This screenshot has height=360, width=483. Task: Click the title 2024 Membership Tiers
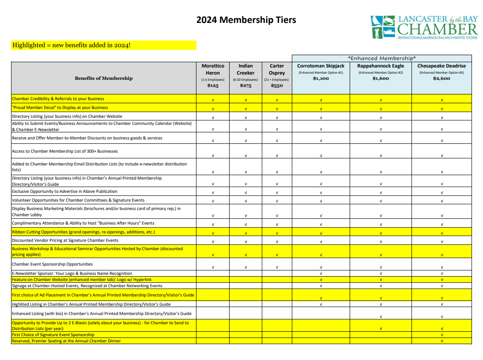point(246,20)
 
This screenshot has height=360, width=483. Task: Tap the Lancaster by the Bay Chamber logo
point(424,27)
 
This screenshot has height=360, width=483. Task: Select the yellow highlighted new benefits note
point(104,45)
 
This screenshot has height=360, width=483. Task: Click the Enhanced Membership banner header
point(381,58)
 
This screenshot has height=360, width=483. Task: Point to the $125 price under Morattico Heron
point(213,86)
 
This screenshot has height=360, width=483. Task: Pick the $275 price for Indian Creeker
point(245,86)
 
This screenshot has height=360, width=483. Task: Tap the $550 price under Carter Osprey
point(277,86)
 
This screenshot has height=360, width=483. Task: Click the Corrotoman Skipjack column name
point(321,66)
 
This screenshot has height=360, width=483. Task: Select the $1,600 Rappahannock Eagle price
point(381,79)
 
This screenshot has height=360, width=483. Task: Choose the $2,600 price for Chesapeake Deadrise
point(441,79)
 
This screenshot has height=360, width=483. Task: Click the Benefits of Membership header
point(103,79)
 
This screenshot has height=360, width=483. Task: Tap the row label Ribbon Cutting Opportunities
point(83,232)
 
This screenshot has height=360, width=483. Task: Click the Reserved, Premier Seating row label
point(66,341)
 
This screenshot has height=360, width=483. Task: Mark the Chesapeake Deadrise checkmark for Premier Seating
point(442,341)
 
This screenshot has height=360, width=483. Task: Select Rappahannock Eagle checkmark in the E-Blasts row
point(381,329)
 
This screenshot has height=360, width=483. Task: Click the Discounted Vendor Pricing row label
point(65,240)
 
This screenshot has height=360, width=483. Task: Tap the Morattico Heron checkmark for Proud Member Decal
point(213,109)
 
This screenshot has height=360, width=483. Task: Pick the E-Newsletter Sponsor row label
point(72,274)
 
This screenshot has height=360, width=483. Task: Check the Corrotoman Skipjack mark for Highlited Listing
point(321,304)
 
